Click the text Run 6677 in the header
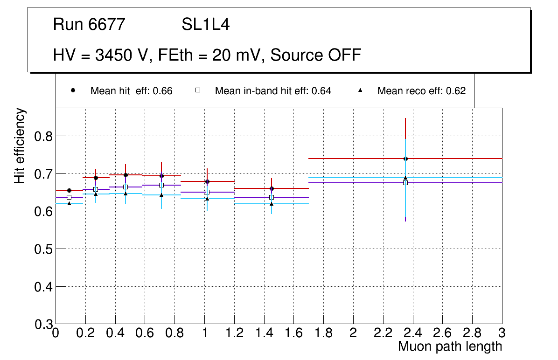click(89, 25)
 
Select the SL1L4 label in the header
click(205, 25)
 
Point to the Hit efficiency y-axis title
click(20, 145)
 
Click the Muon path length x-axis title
click(450, 346)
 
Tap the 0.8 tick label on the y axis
click(43, 136)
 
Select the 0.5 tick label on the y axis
click(43, 249)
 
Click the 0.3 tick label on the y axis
click(43, 324)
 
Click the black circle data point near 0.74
click(405, 159)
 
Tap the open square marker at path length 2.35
click(405, 183)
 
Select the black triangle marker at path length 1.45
click(272, 204)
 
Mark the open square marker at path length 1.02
click(207, 192)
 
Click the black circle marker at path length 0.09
click(69, 190)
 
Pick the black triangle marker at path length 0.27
click(96, 194)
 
